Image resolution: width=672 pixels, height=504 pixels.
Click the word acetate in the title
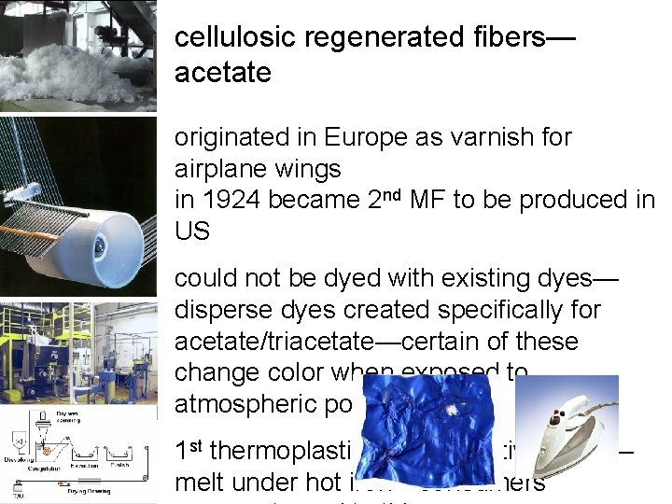coord(222,73)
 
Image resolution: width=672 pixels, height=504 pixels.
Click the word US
coord(192,231)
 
